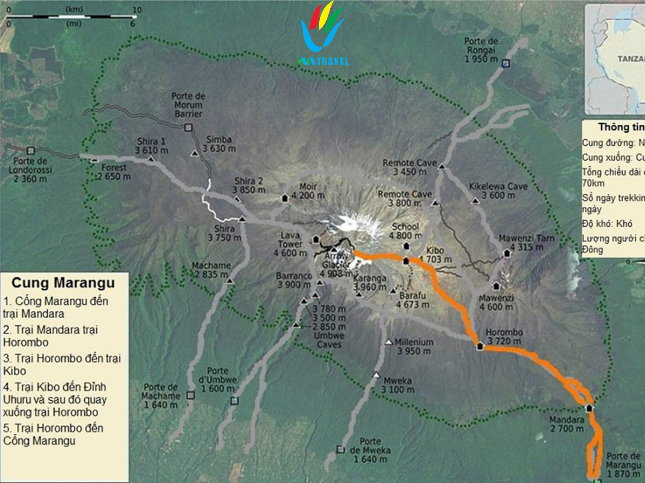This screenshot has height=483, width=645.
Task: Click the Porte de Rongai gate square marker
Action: click(x=507, y=63)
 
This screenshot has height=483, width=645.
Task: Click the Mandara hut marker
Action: click(x=589, y=408)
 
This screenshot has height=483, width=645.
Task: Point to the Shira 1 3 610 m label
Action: click(x=151, y=146)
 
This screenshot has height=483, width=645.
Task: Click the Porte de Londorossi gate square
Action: click(x=31, y=151)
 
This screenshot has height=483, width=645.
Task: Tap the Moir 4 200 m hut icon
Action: click(x=285, y=198)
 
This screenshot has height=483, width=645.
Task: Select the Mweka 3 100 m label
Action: click(x=398, y=385)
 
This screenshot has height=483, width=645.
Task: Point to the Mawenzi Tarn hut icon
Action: click(x=507, y=253)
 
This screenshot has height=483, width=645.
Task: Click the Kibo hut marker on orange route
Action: click(x=406, y=261)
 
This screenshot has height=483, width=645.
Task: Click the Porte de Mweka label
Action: click(x=370, y=450)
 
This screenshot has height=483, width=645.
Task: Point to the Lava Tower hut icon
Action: click(x=316, y=239)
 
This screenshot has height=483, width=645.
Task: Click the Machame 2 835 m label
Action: click(x=211, y=270)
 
